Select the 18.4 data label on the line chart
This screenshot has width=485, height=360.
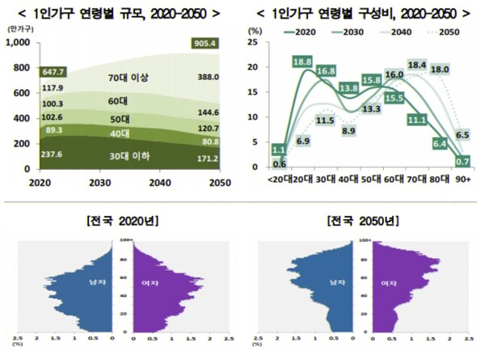tap(417, 65)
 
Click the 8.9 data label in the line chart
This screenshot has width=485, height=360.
tap(349, 129)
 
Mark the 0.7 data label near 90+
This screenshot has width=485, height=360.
tap(464, 161)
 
